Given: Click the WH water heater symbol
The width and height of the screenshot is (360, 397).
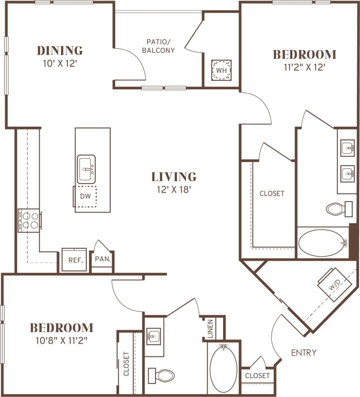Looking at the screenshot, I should click(x=221, y=70).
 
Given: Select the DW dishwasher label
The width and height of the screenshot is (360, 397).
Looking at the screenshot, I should click(x=85, y=196).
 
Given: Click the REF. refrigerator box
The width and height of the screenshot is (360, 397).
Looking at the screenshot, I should click(x=74, y=260).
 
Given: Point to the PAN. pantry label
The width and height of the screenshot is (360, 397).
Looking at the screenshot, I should click(x=103, y=259).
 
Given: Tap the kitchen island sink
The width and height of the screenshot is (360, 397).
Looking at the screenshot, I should click(x=86, y=169).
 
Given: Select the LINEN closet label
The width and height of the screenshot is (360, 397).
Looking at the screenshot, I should click(x=210, y=329).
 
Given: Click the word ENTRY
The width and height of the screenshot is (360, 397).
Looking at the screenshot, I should click(x=304, y=352).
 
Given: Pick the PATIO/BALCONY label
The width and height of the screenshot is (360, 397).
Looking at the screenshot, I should click(x=158, y=46).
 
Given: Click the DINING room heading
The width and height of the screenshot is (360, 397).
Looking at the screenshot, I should click(x=60, y=50).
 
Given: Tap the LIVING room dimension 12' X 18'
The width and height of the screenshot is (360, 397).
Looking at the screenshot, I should click(x=174, y=189).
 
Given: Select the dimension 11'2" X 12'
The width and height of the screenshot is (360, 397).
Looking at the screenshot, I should click(x=304, y=67).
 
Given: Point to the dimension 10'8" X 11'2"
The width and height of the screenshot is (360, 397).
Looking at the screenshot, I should click(x=61, y=340).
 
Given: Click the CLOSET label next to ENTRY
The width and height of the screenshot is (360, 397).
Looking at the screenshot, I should click(x=257, y=375).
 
